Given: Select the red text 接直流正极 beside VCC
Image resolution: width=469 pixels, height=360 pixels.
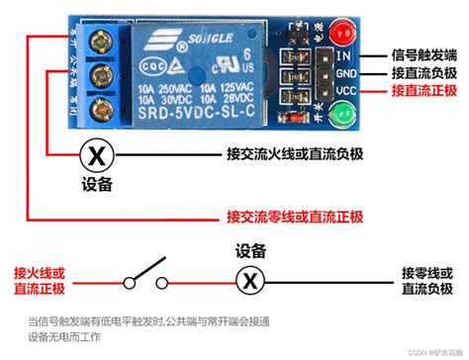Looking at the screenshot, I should coord(424,91).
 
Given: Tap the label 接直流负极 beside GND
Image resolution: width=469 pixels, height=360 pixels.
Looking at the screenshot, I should coord(424,73).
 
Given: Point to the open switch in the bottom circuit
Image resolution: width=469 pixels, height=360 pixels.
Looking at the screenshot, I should coord(142,271).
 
